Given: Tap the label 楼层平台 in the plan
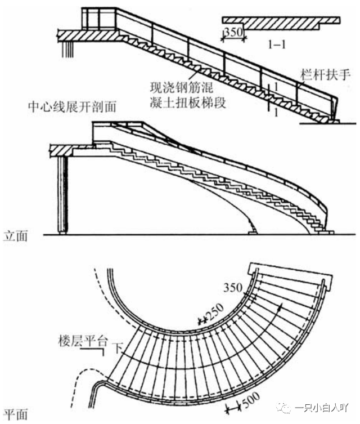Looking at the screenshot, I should pos(83,341).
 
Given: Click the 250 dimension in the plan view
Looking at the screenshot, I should pos(215,311).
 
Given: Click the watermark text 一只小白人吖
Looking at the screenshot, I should pos(326,407).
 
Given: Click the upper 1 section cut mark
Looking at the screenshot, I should pos(276,86).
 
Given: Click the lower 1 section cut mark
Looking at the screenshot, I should pos(276,111).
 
